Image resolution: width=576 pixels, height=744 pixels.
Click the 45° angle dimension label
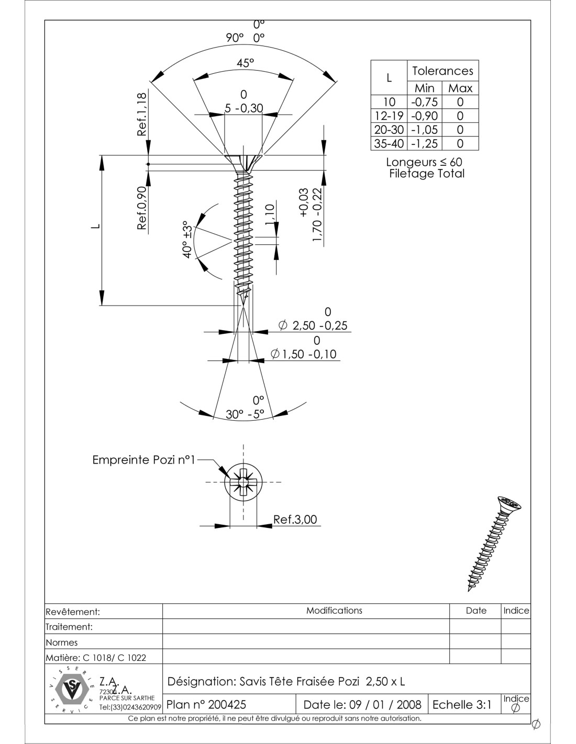[245, 63]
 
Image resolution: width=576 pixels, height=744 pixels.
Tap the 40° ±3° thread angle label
[187, 239]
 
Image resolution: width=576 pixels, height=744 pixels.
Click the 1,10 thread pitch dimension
[270, 215]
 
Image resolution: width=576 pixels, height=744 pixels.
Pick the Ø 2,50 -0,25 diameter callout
[314, 325]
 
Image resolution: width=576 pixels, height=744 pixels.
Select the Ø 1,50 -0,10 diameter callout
[304, 354]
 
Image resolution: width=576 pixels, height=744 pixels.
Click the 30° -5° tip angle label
[245, 414]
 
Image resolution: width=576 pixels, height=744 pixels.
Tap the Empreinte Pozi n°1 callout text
[143, 460]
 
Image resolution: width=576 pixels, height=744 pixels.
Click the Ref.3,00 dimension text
[295, 520]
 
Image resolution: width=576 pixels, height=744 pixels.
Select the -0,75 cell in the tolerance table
[424, 102]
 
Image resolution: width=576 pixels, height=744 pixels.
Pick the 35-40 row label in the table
[389, 143]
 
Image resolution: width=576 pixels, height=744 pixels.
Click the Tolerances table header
[442, 71]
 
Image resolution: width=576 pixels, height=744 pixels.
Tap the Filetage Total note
[426, 174]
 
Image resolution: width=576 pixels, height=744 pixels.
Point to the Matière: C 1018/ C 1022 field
[96, 657]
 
